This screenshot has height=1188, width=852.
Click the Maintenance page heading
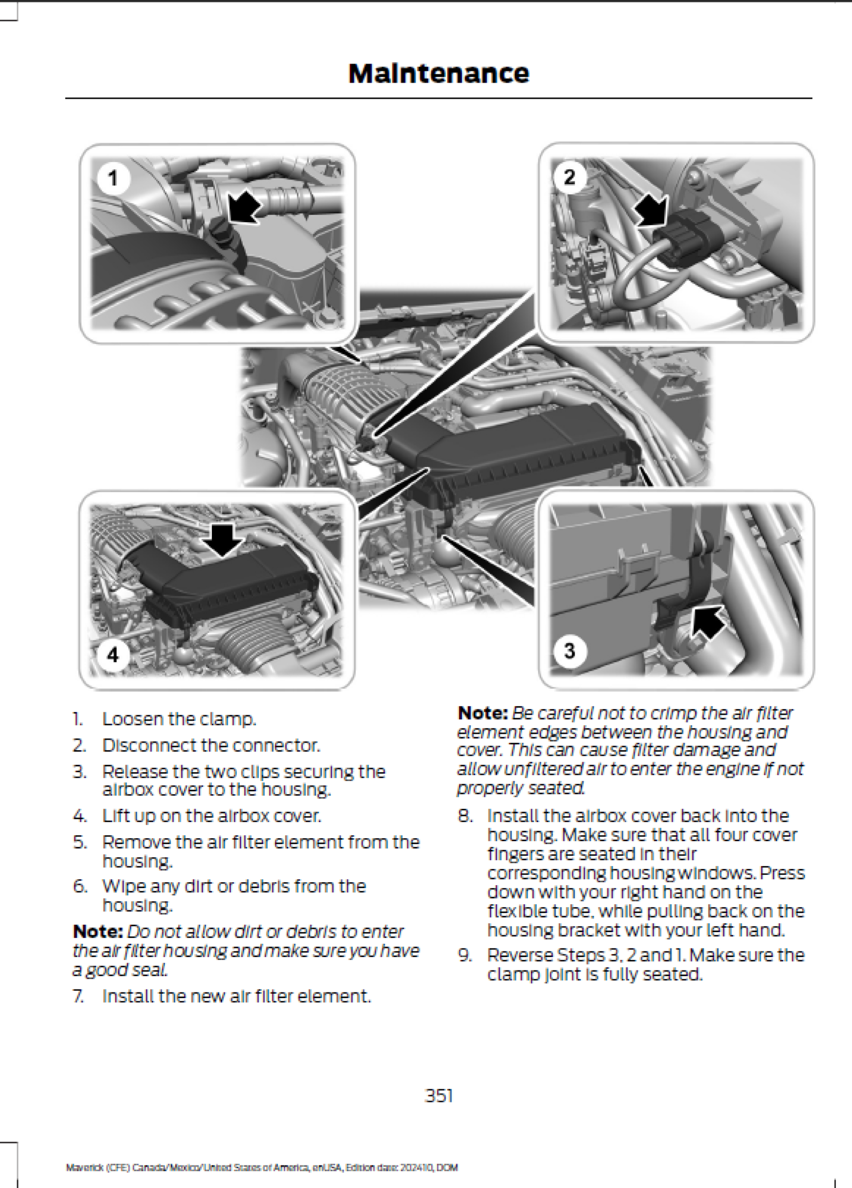point(438,74)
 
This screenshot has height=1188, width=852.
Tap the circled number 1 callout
point(113,178)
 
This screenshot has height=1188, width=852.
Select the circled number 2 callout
point(569,176)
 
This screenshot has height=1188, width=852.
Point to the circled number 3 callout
point(569,651)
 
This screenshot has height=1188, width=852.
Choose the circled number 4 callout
point(113,655)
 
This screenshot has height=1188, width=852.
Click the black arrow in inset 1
point(245,208)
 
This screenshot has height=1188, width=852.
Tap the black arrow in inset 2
point(652,212)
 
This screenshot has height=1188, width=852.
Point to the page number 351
point(439,1095)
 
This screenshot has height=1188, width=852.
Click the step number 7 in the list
point(78,996)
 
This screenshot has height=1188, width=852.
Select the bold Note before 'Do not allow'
point(97,931)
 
